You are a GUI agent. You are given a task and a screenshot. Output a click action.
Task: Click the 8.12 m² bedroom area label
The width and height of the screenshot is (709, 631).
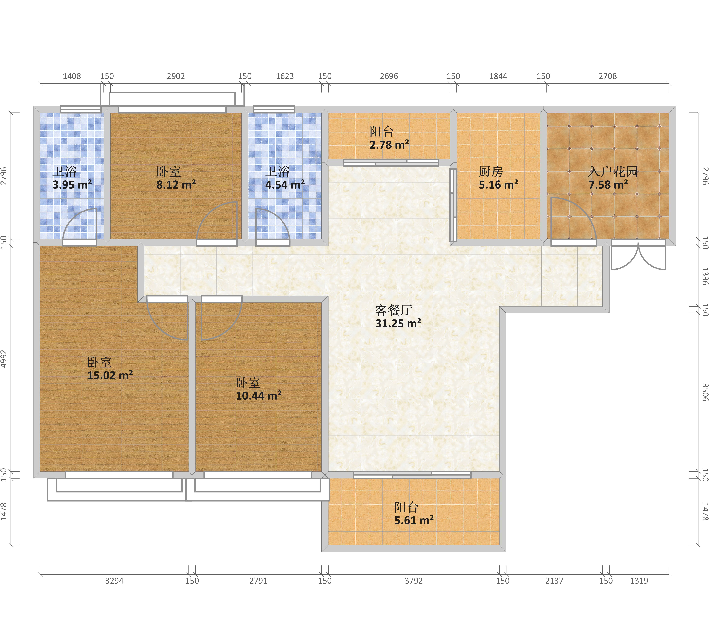coord(176,184)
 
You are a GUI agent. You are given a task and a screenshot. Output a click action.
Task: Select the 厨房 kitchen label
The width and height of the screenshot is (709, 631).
coord(491,172)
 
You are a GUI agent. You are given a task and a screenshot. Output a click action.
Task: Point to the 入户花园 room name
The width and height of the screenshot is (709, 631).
coord(613,172)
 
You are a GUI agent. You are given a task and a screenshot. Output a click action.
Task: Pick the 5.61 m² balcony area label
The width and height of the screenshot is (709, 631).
coord(414,520)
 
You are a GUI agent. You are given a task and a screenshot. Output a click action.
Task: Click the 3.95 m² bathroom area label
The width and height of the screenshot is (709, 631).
coord(72,184)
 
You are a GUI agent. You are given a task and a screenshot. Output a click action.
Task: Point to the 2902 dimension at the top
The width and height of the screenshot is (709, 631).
coord(176,76)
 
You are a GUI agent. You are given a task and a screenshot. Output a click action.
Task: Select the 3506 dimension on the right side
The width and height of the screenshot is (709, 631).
coord(705,392)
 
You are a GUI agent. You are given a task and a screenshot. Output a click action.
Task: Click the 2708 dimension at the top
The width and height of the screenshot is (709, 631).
coord(608,76)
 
